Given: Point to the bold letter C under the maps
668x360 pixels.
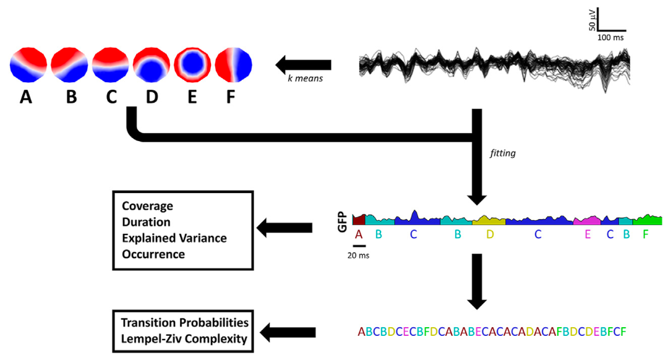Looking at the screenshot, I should pyautogui.click(x=112, y=97).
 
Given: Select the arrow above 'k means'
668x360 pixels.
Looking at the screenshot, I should pyautogui.click(x=303, y=64).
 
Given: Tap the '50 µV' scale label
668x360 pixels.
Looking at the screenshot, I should pyautogui.click(x=592, y=20).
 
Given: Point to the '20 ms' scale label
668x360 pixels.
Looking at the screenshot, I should pyautogui.click(x=358, y=254).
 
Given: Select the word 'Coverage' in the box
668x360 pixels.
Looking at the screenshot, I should pyautogui.click(x=147, y=206).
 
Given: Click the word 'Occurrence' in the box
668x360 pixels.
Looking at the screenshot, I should pyautogui.click(x=153, y=254).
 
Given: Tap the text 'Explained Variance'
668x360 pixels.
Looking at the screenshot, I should pyautogui.click(x=174, y=238).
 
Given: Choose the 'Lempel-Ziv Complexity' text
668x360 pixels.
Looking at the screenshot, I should pyautogui.click(x=184, y=338).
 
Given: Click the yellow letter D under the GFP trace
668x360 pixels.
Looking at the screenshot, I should pyautogui.click(x=490, y=234).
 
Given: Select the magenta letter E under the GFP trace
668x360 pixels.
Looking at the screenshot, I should pyautogui.click(x=588, y=234).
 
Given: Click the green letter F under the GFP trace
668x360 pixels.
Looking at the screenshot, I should pyautogui.click(x=646, y=234).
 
